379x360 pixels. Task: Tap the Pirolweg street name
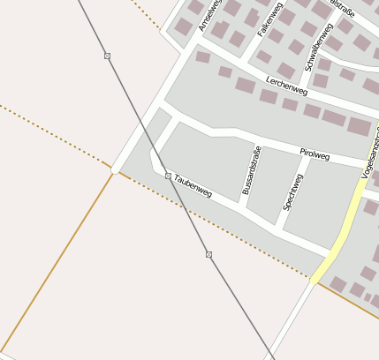point(315,155)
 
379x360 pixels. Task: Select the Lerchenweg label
point(286,90)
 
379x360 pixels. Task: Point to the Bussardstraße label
point(252,169)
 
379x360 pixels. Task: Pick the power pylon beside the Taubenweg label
point(168,176)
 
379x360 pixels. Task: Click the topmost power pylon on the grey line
point(107,56)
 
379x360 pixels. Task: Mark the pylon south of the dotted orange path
point(208,254)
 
